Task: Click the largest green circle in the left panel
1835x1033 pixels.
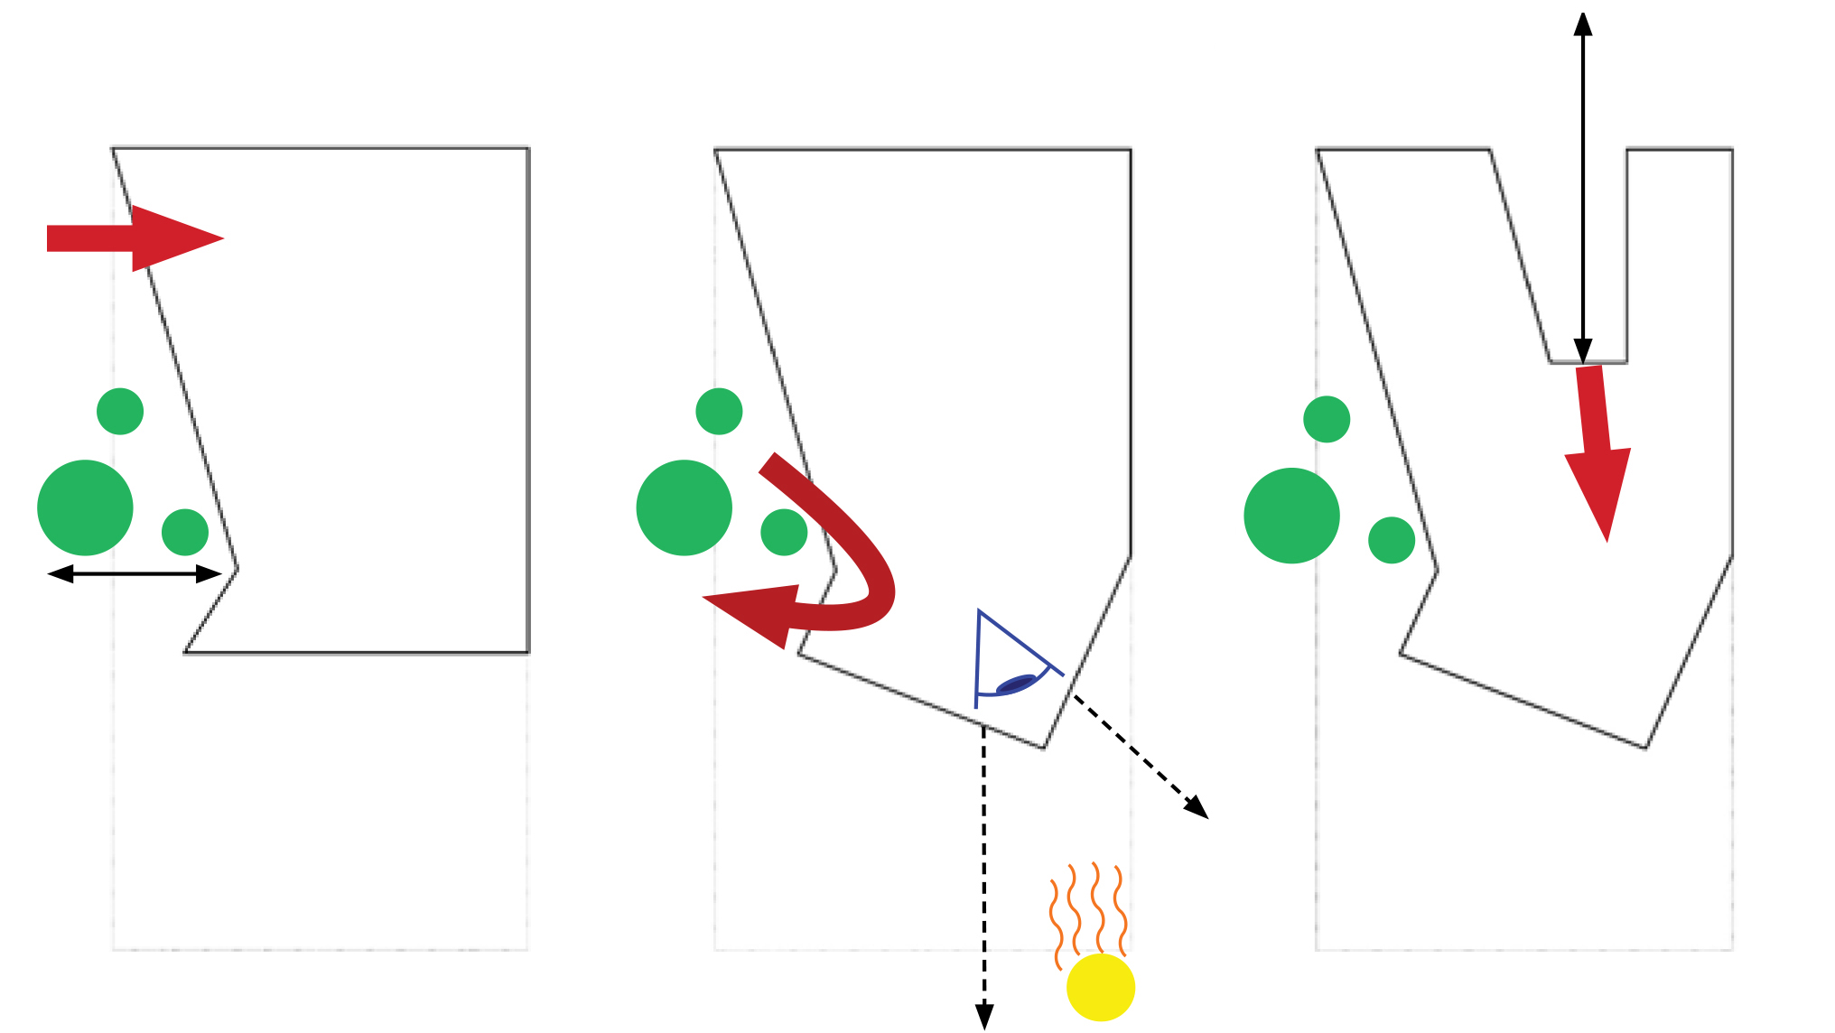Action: click(x=85, y=507)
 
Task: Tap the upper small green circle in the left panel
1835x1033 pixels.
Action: click(x=120, y=412)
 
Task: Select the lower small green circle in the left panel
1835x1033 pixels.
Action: click(x=185, y=532)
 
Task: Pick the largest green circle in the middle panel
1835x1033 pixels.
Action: click(x=684, y=507)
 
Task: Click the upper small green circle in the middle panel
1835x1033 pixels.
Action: click(x=719, y=412)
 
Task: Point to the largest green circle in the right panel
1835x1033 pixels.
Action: click(x=1291, y=516)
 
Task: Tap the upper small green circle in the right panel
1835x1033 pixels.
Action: click(x=1327, y=419)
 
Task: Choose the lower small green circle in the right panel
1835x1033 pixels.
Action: click(x=1392, y=540)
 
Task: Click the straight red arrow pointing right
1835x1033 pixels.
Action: click(x=135, y=238)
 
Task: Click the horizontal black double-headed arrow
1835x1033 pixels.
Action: click(x=135, y=573)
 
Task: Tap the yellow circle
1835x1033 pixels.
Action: click(x=1100, y=987)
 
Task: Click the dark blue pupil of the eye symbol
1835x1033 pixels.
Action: click(x=1015, y=684)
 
